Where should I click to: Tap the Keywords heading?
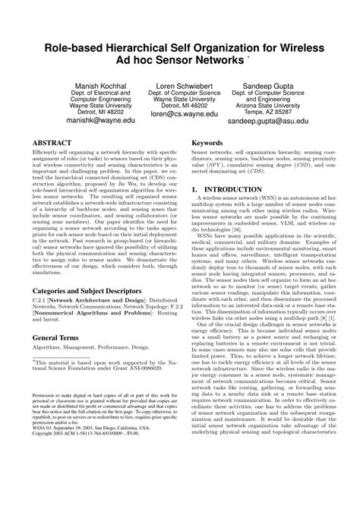(207, 142)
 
